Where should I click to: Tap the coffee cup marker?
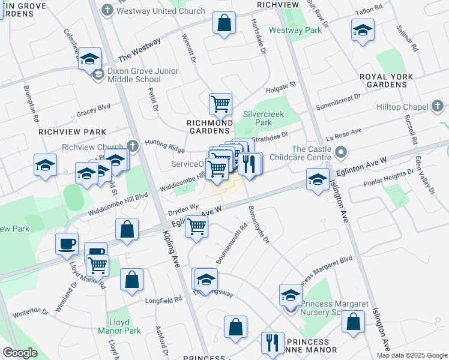pos(67,244)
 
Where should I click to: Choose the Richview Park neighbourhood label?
pos(72,132)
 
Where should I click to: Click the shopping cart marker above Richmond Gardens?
pos(220,104)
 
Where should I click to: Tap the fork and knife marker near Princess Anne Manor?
pos(273,342)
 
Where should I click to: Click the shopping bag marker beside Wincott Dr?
pos(223,23)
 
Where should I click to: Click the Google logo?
pos(20,353)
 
